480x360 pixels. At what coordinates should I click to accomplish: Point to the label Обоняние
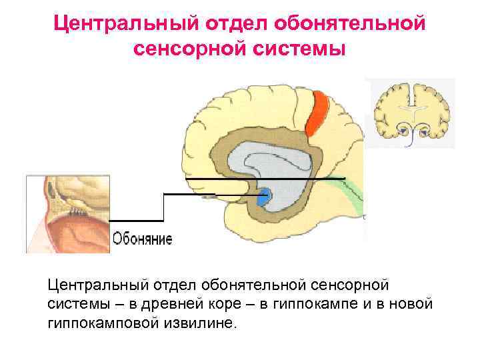142,239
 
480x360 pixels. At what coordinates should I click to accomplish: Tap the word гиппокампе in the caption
314,304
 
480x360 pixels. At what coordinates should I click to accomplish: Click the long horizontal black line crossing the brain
267,179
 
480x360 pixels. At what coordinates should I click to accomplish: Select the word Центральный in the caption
97,285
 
